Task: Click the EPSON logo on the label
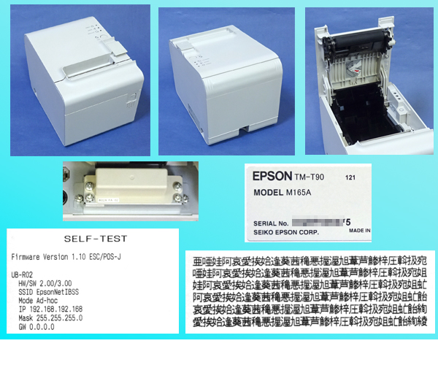point(272,176)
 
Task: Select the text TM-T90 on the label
point(312,177)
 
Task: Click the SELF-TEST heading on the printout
point(96,238)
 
